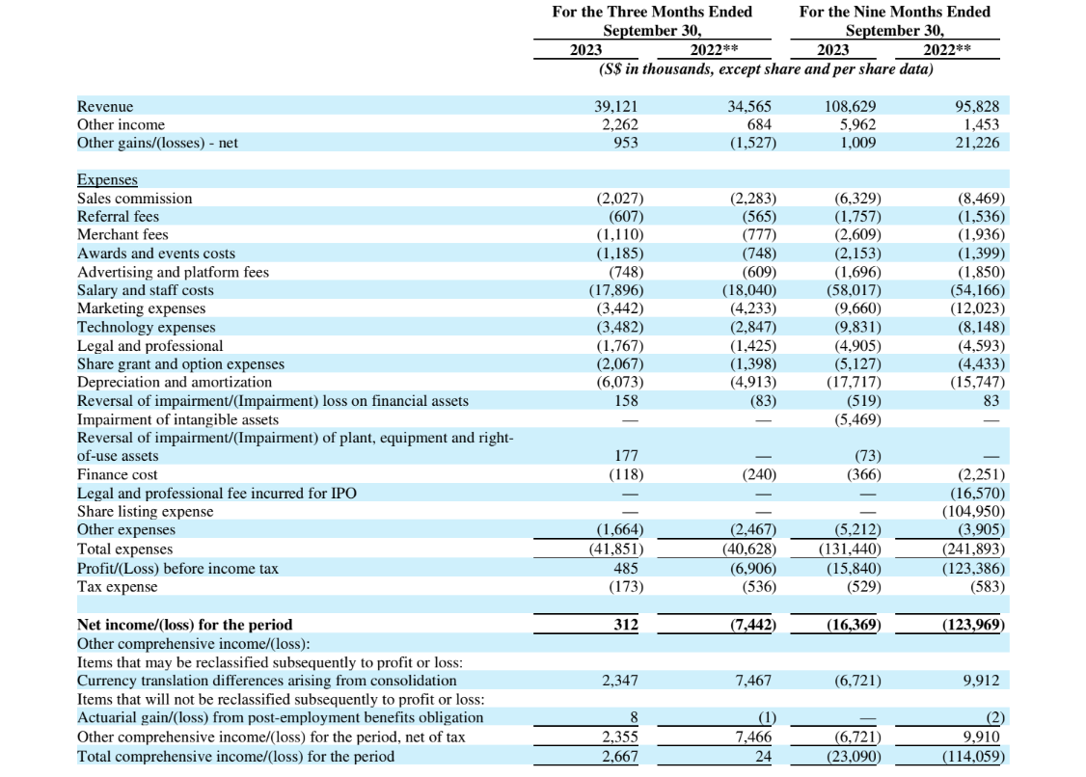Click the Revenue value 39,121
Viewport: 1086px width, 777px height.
(615, 107)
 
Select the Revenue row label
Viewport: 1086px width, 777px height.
(105, 107)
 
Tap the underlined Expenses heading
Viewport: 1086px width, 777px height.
(107, 180)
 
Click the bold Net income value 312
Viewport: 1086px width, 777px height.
(626, 625)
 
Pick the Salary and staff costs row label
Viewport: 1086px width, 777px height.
(146, 290)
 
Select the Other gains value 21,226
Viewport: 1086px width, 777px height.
(977, 143)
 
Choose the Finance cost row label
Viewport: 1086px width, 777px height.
(117, 474)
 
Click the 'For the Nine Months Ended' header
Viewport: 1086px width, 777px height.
(895, 12)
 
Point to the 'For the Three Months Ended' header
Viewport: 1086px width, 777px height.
(652, 12)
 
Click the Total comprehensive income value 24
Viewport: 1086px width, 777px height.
(763, 756)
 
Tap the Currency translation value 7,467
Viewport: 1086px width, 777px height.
(753, 681)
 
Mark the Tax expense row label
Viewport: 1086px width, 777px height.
(117, 586)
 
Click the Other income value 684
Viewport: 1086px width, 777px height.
(759, 124)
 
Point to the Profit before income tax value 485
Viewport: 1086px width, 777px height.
(626, 569)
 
